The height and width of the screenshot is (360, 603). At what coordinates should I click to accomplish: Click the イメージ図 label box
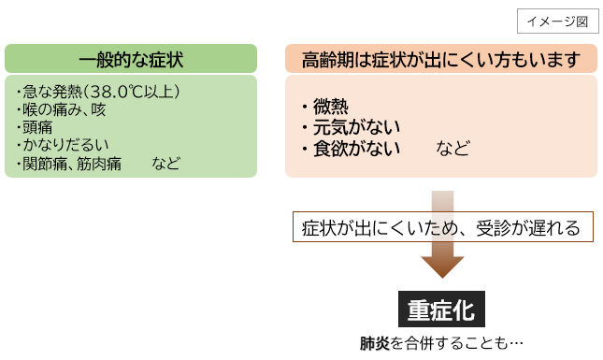click(x=557, y=20)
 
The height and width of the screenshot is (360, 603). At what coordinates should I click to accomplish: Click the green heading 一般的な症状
click(x=131, y=59)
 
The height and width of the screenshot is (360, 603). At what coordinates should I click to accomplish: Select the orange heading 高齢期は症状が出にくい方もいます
click(x=441, y=59)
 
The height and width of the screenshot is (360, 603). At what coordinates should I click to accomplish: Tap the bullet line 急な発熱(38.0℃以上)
click(x=98, y=91)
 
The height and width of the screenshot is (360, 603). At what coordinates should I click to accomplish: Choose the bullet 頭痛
click(x=38, y=127)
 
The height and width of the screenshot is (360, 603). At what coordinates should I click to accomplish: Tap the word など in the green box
click(x=166, y=164)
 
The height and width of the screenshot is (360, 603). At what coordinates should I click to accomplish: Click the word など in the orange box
click(x=452, y=149)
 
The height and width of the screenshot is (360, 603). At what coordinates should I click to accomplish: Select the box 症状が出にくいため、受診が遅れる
click(x=442, y=227)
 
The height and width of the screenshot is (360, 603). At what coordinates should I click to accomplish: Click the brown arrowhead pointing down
click(x=442, y=266)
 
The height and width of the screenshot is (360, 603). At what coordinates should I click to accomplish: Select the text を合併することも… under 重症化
click(x=455, y=343)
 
